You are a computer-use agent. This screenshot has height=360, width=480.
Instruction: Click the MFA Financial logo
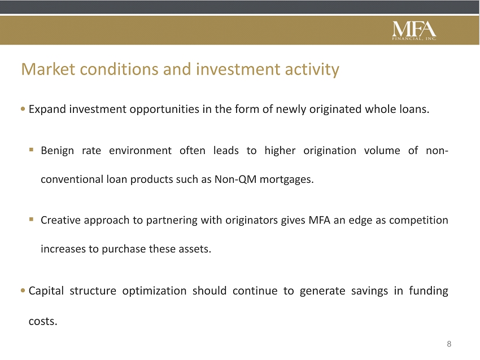(414, 30)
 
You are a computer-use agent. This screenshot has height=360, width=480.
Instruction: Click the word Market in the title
(48, 69)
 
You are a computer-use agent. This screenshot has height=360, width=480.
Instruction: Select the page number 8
(449, 344)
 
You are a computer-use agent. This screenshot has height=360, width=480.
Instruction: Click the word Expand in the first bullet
(47, 110)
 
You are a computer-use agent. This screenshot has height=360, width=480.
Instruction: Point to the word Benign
(57, 151)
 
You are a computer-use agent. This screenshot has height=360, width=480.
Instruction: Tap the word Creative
(60, 220)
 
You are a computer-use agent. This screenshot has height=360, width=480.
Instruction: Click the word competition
(418, 221)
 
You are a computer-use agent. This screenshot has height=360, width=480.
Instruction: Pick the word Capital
(46, 291)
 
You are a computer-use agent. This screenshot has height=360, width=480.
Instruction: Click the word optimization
(154, 291)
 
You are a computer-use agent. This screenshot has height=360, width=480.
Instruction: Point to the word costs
(43, 322)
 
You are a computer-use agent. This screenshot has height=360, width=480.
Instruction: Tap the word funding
(429, 291)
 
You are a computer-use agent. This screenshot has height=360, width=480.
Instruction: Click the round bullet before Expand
(23, 109)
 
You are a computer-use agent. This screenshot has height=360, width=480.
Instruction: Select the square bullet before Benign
(31, 150)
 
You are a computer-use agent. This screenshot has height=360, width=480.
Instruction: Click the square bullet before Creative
(31, 219)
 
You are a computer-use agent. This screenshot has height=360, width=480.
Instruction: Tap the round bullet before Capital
(23, 291)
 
